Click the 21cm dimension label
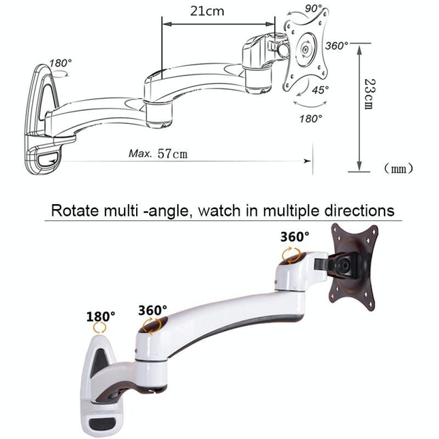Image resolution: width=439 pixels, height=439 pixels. click(x=208, y=12)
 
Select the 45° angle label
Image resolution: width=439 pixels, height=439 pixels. click(x=321, y=89)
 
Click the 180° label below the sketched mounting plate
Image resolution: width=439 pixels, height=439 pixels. click(x=310, y=118)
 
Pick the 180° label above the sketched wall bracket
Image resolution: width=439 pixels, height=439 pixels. click(x=61, y=63)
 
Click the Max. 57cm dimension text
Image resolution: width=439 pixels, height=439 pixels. click(x=158, y=153)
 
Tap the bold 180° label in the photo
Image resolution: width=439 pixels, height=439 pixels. click(x=100, y=316)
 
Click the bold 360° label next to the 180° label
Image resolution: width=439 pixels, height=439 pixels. click(x=152, y=310)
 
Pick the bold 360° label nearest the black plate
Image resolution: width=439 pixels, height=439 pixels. click(x=294, y=237)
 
